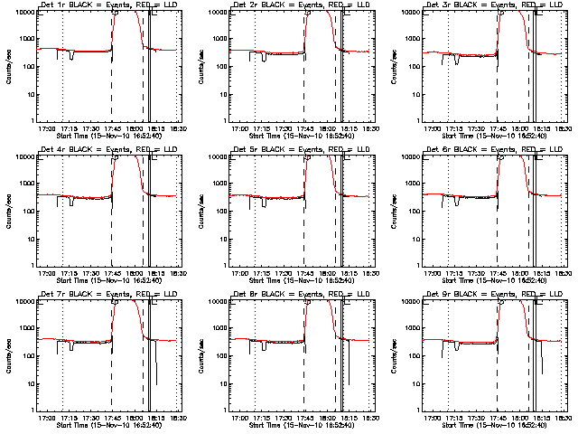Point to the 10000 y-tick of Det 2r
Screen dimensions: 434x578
click(216, 12)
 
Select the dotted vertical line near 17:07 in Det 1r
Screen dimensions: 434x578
click(61, 81)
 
